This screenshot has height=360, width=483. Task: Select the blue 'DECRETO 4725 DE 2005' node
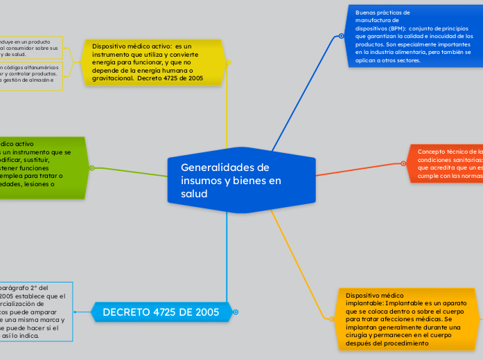tap(161, 312)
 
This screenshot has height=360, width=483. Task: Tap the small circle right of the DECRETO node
tap(236, 312)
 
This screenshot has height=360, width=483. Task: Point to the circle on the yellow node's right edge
tap(228, 61)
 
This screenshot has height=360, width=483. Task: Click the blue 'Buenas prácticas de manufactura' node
tap(413, 36)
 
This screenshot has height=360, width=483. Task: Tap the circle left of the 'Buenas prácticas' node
tap(342, 36)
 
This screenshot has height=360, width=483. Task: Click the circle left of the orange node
tap(403, 163)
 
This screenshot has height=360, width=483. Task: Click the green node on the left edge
tap(42, 168)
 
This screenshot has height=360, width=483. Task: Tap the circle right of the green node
tap(91, 168)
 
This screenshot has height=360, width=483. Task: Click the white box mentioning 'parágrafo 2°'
tap(35, 312)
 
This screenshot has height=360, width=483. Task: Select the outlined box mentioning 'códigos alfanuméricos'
tap(30, 75)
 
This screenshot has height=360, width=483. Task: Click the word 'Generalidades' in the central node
tap(214, 167)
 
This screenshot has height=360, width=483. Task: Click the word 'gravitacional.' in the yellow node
tap(113, 79)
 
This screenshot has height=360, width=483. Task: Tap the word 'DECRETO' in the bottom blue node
tap(127, 312)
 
